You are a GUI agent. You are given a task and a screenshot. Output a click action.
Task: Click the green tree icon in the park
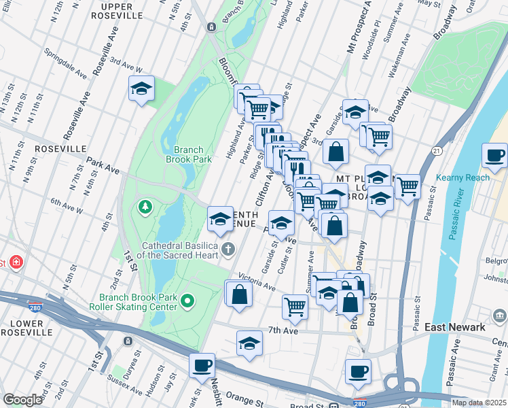[144, 205]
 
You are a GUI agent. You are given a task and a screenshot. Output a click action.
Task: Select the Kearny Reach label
[469, 177]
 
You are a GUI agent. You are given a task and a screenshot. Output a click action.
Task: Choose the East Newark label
[455, 327]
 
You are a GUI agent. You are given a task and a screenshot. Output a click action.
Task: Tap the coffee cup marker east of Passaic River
[495, 156]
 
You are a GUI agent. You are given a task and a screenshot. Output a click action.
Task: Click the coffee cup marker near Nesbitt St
[202, 365]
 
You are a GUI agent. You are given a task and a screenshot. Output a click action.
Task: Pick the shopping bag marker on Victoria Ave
[239, 294]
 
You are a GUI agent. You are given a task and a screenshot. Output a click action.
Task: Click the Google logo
[23, 400]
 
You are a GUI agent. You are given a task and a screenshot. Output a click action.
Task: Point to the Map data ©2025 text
[479, 403]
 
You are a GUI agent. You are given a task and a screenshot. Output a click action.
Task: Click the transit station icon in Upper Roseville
[211, 27]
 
